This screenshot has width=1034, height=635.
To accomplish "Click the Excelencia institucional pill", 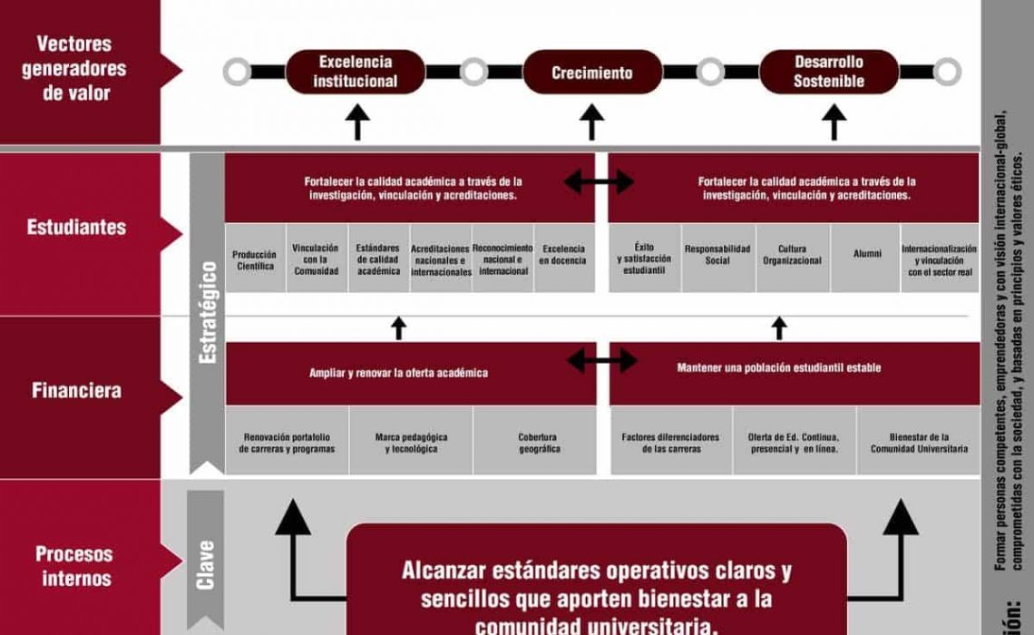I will [356, 72].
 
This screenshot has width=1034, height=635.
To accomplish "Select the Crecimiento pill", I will [591, 73].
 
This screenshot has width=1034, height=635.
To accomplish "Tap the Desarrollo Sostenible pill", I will [829, 72].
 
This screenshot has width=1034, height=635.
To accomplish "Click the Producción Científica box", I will [255, 259].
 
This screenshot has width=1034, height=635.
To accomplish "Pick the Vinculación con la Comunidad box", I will [316, 259].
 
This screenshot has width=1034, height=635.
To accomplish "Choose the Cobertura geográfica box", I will [539, 443].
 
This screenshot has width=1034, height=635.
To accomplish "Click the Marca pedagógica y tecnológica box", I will [411, 443].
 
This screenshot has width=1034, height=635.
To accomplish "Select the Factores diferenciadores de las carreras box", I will [670, 443].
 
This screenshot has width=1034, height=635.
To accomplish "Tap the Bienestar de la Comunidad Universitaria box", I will [919, 443].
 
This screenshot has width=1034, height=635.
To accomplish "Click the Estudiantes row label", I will [77, 227].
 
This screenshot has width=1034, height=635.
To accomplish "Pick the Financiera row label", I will [77, 391].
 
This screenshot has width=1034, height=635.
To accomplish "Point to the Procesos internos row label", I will [75, 566].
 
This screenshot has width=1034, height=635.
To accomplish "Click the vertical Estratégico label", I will [207, 313].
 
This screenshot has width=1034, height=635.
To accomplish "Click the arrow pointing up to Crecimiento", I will [591, 122].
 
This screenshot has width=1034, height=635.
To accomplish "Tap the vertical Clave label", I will [206, 565].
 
